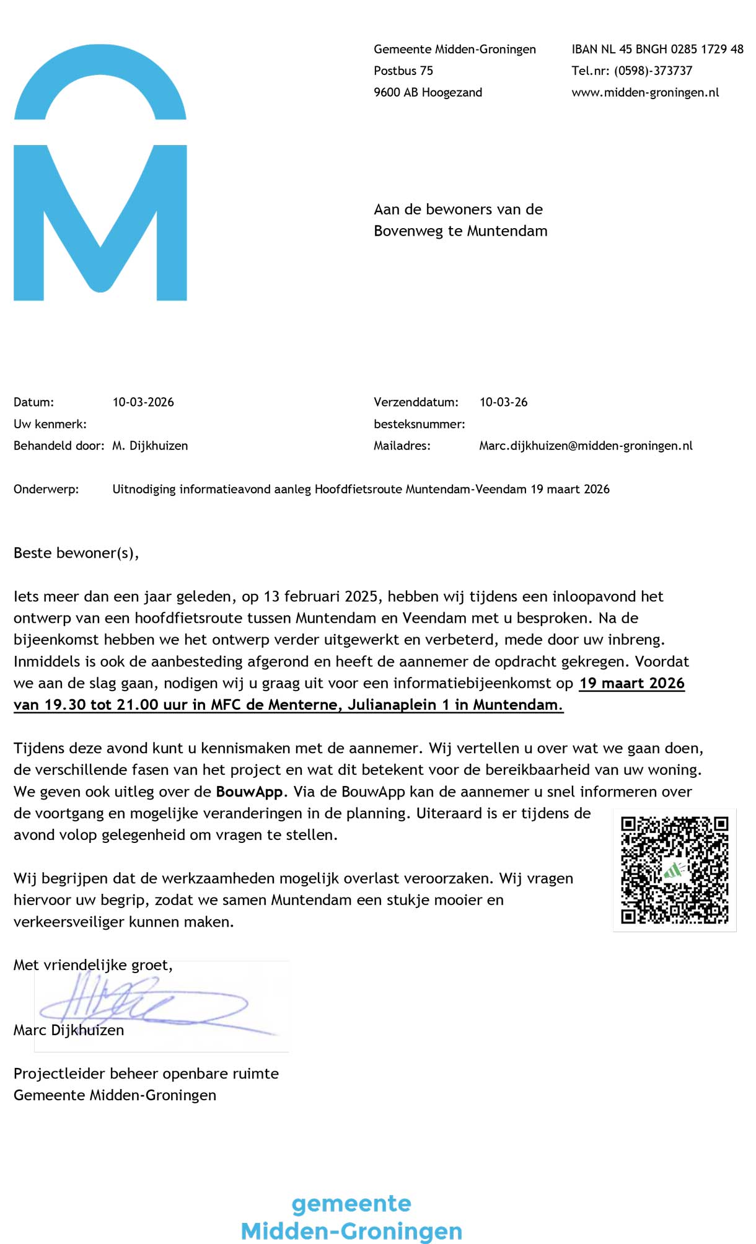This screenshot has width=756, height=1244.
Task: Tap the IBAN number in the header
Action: [x=657, y=50]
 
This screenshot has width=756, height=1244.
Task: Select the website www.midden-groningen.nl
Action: [x=645, y=93]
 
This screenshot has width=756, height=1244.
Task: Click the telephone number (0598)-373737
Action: [x=653, y=71]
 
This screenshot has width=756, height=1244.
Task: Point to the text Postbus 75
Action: [x=403, y=71]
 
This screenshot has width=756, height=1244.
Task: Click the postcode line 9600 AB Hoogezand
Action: [x=428, y=93]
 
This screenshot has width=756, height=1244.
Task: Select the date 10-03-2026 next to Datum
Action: [x=143, y=402]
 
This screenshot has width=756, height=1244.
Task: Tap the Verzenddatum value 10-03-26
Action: [x=503, y=402]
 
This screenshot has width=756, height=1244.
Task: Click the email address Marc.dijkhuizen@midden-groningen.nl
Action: [x=586, y=446]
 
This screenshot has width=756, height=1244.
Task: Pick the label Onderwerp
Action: [x=46, y=490]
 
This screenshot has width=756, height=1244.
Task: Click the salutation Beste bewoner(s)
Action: [x=76, y=553]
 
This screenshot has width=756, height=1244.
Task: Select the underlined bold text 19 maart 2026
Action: [x=631, y=684]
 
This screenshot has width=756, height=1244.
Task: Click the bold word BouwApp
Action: [x=249, y=792]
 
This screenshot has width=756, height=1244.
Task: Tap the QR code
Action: [x=674, y=870]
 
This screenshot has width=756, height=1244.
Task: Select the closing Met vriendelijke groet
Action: [x=93, y=965]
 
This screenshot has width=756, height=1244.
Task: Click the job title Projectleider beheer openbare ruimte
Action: [x=146, y=1074]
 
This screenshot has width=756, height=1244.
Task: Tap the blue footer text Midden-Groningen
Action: [x=351, y=1230]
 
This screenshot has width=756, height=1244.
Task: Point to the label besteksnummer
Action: [x=419, y=425]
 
